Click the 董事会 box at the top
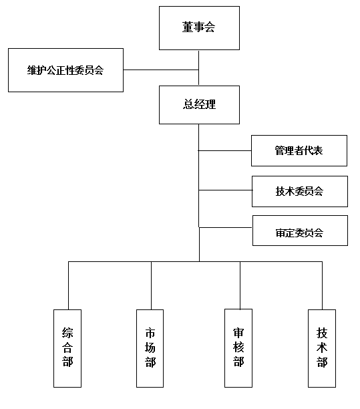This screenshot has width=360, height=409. [x=199, y=28]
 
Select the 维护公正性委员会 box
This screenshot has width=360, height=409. [x=65, y=70]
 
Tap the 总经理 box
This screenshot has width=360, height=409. [x=199, y=105]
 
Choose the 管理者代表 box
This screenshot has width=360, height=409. [x=299, y=150]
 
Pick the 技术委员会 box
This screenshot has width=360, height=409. [x=300, y=191]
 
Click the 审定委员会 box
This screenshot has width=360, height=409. [x=300, y=231]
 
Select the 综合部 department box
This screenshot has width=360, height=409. [x=67, y=348]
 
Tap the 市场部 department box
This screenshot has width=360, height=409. [x=150, y=348]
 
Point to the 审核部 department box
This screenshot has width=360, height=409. [x=238, y=348]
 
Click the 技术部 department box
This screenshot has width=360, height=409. [x=322, y=348]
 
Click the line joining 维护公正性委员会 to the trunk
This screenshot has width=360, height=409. [x=161, y=70]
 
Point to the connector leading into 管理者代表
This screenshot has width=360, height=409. [x=224, y=150]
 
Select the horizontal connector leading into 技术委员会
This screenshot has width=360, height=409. [x=226, y=190]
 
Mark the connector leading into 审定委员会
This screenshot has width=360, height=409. [x=226, y=227]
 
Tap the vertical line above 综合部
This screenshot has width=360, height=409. [x=68, y=285]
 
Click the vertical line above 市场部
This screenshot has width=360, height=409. [x=151, y=285]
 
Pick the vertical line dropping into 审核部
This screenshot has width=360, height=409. [x=240, y=285]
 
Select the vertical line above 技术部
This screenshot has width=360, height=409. [x=322, y=285]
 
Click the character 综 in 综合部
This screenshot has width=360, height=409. [x=67, y=333]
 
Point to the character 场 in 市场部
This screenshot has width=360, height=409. [x=150, y=348]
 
